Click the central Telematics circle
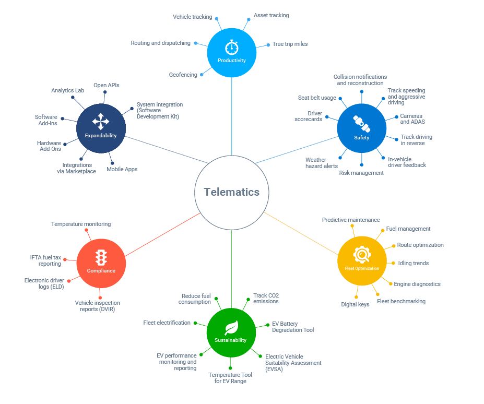coord(231,192)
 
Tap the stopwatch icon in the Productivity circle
coord(231,47)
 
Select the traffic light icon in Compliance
coord(101,257)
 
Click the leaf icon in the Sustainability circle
coord(231,327)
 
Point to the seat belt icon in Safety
coord(361,124)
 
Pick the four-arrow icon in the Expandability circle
coord(101,122)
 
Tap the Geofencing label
coord(183,75)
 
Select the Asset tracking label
coord(271,16)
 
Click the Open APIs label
coord(107,85)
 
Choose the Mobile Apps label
coord(122,169)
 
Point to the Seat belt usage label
coord(317,98)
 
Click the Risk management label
coord(361,173)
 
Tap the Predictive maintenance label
coord(351,220)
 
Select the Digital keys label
coord(355,304)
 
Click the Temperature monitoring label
coord(81,224)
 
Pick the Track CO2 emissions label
coord(266,298)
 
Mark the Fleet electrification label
coord(167,323)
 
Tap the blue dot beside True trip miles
coord(268,45)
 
